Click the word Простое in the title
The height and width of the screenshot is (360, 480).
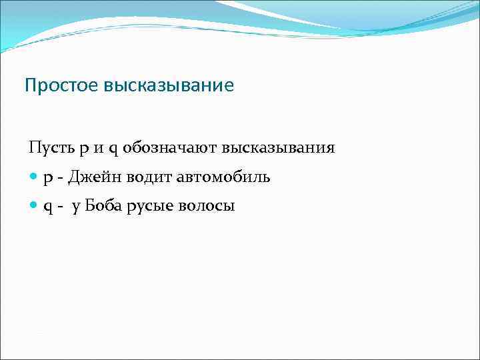[x=61, y=86]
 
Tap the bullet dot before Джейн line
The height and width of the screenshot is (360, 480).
[x=34, y=177]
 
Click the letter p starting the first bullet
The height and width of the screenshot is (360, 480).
[x=48, y=178]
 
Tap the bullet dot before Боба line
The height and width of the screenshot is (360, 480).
[x=34, y=206]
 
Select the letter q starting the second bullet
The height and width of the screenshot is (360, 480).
[x=48, y=207]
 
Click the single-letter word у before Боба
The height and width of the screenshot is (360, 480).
[x=76, y=207]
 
